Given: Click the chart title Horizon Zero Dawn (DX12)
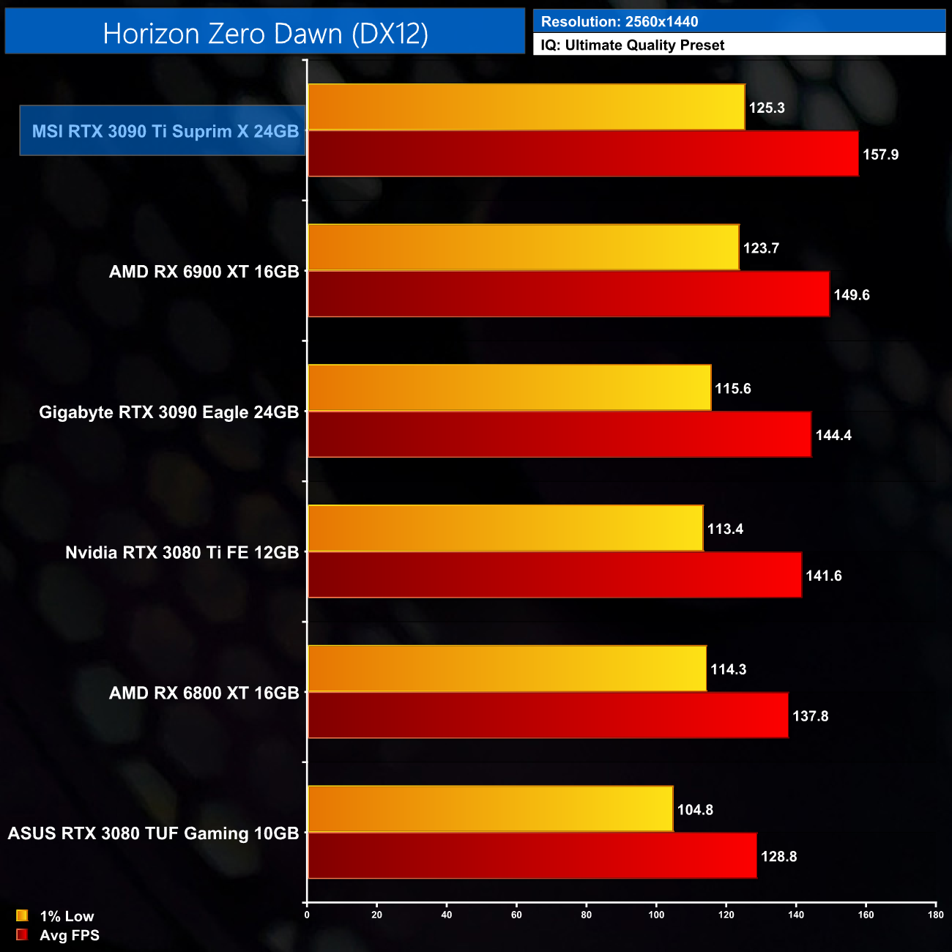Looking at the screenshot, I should click(x=265, y=34).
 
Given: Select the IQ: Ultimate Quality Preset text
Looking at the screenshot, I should click(x=633, y=45).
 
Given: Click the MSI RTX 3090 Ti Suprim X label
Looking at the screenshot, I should click(x=165, y=131).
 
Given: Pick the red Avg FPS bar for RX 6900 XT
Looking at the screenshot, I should click(x=568, y=294).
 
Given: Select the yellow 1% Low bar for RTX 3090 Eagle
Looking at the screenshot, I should click(x=509, y=388).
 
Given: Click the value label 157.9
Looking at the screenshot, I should click(x=880, y=155).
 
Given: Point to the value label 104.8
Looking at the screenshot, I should click(x=695, y=810).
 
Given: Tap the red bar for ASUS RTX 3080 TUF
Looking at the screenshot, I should click(x=532, y=855).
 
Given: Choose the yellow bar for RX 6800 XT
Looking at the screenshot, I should click(x=507, y=669).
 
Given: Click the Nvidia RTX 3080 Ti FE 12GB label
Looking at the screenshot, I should click(x=182, y=552).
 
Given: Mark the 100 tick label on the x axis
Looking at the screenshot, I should click(x=656, y=915).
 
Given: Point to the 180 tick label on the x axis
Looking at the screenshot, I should click(x=935, y=915).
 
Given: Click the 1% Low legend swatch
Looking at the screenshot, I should click(x=22, y=915).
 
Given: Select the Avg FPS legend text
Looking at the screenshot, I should click(x=70, y=935).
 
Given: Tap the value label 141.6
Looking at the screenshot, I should click(x=824, y=576).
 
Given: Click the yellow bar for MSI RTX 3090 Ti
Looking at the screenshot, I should click(x=526, y=108).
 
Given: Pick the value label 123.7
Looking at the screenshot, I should click(x=761, y=248).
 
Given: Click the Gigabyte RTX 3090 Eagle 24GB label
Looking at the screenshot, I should click(x=169, y=412).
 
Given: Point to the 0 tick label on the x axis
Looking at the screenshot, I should click(x=307, y=915).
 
